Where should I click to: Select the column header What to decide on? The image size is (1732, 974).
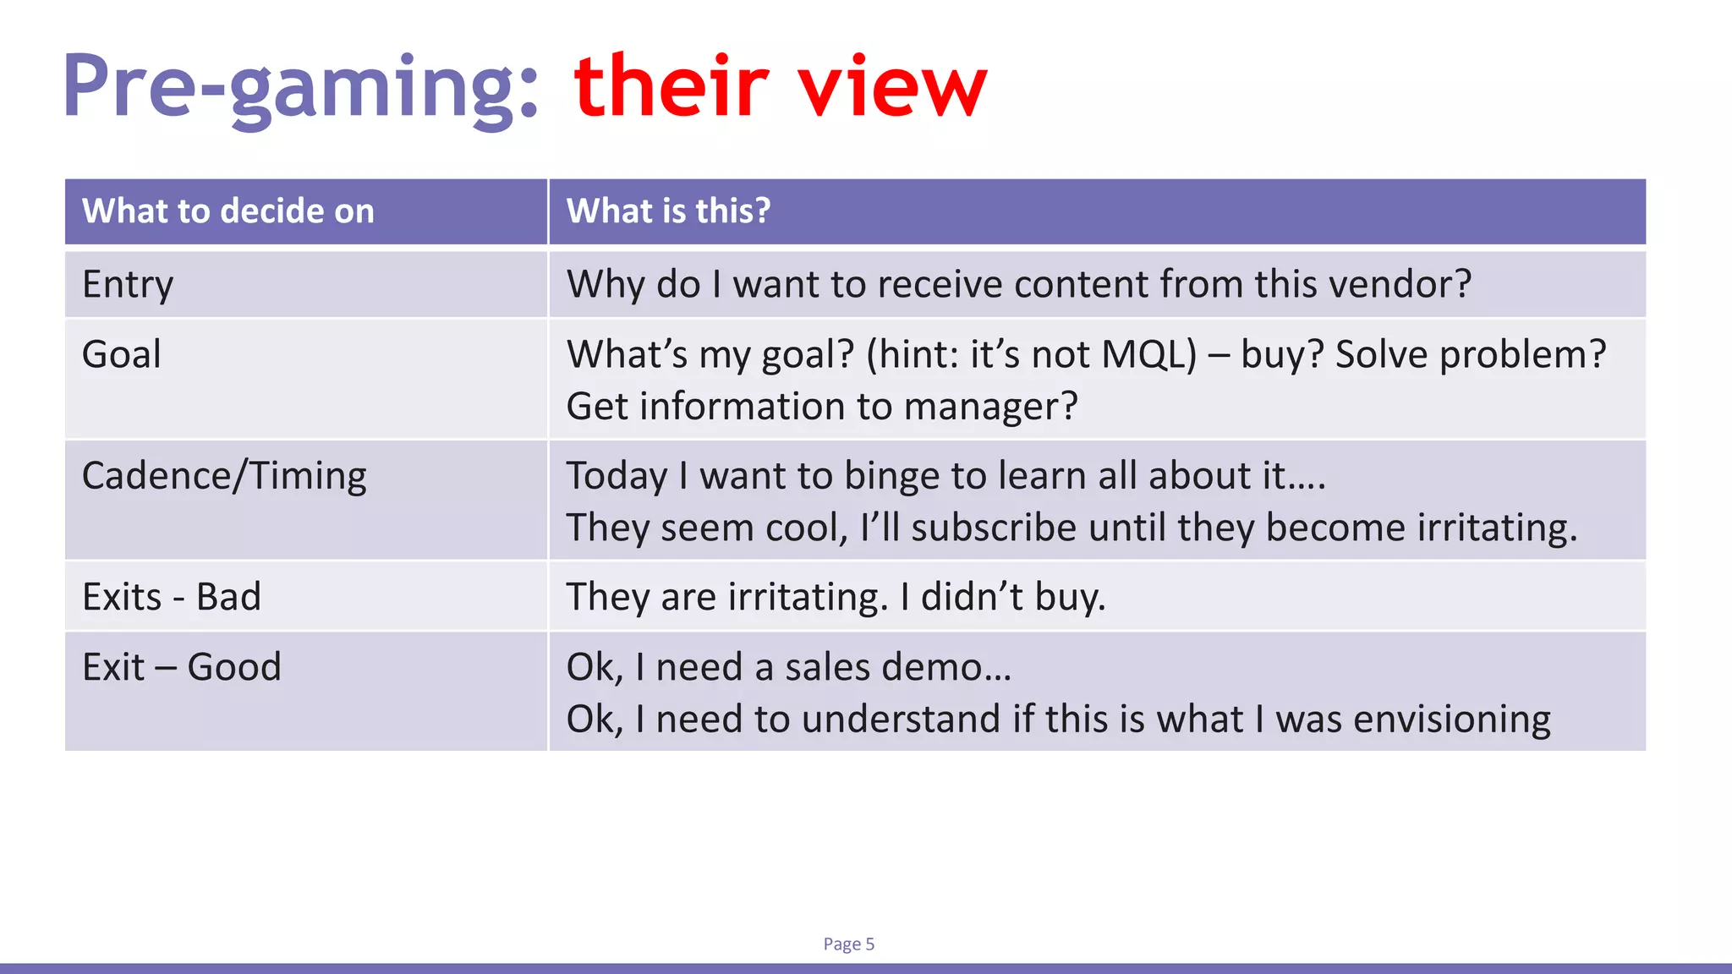click(228, 211)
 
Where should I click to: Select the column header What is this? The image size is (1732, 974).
click(668, 211)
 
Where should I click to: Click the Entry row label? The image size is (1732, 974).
click(128, 285)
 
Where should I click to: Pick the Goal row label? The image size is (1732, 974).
click(121, 354)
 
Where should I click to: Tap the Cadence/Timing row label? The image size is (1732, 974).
click(224, 476)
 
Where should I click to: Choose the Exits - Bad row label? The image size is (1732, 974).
click(172, 597)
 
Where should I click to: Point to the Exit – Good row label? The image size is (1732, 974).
click(181, 667)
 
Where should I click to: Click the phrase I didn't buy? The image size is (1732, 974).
click(1002, 597)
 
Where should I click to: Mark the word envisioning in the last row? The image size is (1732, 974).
click(1451, 720)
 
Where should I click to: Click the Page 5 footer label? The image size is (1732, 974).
click(848, 944)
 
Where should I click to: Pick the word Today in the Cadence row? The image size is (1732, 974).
click(617, 476)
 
